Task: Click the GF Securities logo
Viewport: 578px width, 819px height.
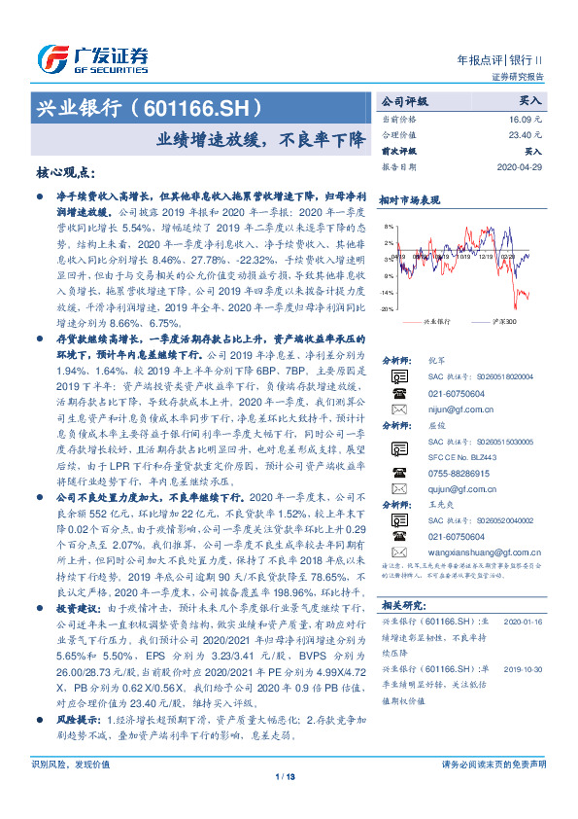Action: coord(91,56)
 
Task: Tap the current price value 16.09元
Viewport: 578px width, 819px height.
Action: coord(526,118)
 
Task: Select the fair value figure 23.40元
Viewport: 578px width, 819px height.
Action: coord(526,135)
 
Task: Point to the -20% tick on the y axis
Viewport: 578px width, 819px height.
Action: coord(387,308)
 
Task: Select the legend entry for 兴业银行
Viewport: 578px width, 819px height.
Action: coord(438,321)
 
